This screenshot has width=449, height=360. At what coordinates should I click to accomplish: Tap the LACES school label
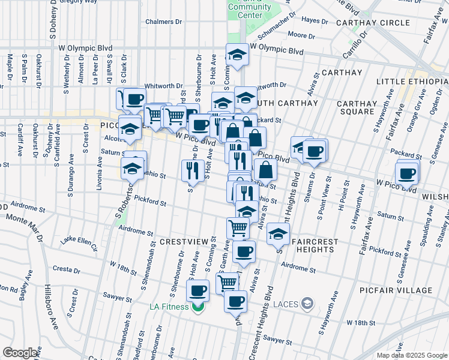pyautogui.click(x=285, y=304)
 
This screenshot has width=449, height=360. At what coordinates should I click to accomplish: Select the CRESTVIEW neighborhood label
pyautogui.click(x=183, y=241)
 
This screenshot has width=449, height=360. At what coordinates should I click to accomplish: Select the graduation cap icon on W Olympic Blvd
pyautogui.click(x=237, y=56)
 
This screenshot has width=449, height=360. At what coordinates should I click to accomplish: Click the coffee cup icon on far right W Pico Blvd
pyautogui.click(x=408, y=174)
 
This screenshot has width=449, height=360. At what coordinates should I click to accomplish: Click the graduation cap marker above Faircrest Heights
pyautogui.click(x=277, y=234)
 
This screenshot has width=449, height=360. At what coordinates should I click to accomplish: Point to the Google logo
pyautogui.click(x=20, y=353)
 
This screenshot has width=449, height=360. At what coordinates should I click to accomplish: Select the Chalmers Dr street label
pyautogui.click(x=163, y=22)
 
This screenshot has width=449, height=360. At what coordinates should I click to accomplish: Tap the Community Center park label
pyautogui.click(x=249, y=12)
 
